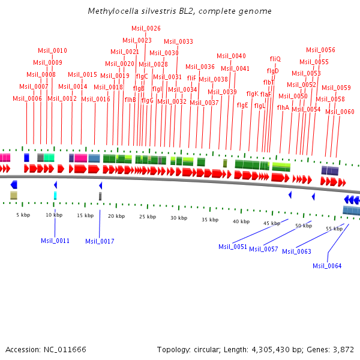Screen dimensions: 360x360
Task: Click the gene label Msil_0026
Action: (x=146, y=28)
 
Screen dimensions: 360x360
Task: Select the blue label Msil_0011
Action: (x=55, y=241)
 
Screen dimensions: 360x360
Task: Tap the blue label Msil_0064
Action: (x=327, y=266)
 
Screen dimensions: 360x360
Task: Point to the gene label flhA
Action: (x=283, y=107)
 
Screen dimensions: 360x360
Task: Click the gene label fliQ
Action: (x=275, y=59)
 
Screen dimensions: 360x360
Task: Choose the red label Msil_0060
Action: (x=340, y=112)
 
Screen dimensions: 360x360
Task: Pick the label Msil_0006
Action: (x=27, y=98)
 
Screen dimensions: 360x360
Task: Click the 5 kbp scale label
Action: (x=23, y=215)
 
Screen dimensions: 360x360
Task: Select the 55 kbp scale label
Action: (x=334, y=229)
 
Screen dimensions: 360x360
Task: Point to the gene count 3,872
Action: (x=342, y=349)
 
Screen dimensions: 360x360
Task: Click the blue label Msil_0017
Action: (x=100, y=241)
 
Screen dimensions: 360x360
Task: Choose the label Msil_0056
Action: (x=320, y=50)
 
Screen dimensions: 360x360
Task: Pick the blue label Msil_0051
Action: (x=233, y=247)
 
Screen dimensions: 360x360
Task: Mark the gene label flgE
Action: (x=242, y=105)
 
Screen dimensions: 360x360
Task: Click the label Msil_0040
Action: (x=231, y=56)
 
